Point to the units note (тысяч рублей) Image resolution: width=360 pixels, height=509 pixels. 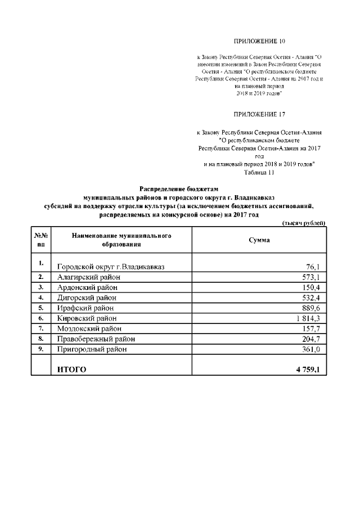coord(303,223)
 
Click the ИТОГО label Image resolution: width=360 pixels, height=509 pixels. coord(72,370)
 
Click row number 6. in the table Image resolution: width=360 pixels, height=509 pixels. coord(41,318)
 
